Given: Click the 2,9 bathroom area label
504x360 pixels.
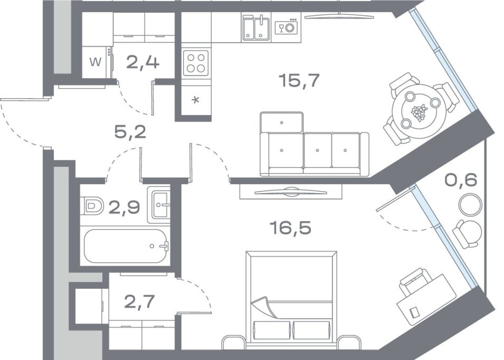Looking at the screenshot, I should pos(124,207).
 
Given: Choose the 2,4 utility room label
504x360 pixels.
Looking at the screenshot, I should pos(143,63).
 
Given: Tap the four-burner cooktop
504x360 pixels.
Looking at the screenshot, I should pos(195,63).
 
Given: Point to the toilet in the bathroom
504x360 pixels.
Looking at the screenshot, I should pos(92,206).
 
